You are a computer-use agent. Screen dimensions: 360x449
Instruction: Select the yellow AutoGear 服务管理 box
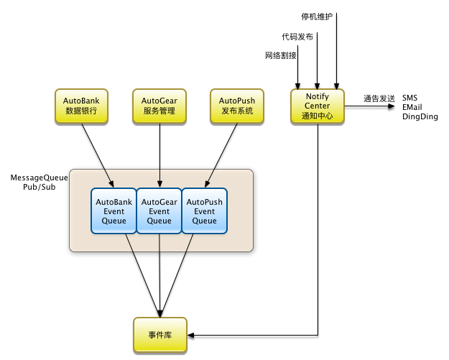[x=159, y=106]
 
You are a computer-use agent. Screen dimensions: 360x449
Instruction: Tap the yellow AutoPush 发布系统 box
[x=236, y=106]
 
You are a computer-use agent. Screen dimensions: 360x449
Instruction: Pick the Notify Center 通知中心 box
[x=317, y=106]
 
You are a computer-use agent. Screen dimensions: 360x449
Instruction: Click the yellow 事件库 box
[x=159, y=335]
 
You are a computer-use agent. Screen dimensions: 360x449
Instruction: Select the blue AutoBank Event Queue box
[x=114, y=211]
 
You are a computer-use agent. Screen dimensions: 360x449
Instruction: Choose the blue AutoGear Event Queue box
[x=159, y=211]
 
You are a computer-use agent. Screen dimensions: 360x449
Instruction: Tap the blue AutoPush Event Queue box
[x=204, y=211]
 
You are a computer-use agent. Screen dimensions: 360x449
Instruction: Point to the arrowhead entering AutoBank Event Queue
[x=112, y=184]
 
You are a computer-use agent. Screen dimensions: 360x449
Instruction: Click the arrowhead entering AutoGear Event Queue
[x=159, y=184]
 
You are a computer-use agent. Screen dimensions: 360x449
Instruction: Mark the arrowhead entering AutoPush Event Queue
[x=206, y=184]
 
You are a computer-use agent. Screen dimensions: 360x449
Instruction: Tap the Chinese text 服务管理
[x=159, y=111]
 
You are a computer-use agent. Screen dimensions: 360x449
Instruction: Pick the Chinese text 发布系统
[x=236, y=111]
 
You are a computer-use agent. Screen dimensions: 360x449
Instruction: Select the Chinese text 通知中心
[x=317, y=116]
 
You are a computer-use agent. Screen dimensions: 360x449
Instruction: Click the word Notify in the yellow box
[x=317, y=96]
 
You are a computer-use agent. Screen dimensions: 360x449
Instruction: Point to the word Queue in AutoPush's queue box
[x=204, y=221]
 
